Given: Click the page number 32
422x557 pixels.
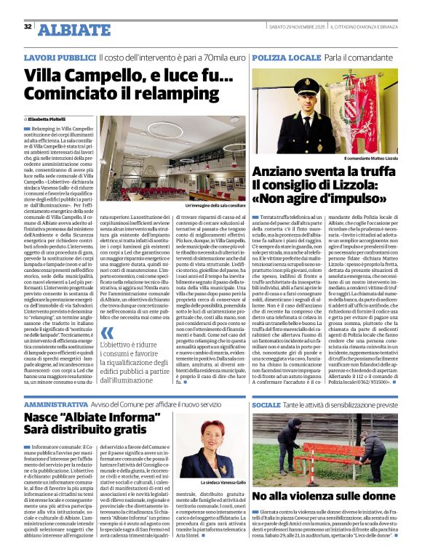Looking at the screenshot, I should pyautogui.click(x=28, y=27).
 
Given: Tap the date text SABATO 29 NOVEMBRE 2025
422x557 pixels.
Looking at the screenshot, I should pyautogui.click(x=291, y=27).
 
